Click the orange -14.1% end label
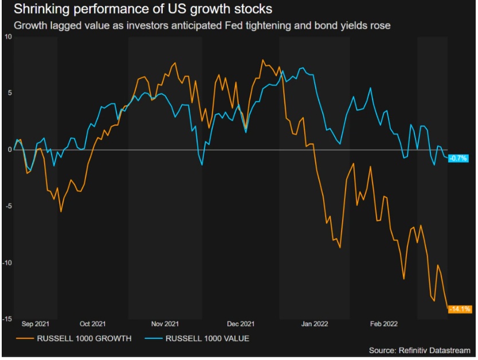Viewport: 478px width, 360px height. coord(459,309)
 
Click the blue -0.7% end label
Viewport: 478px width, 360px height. coord(459,158)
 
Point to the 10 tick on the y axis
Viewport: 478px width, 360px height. coord(7,37)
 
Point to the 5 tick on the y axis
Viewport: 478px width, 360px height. coord(9,93)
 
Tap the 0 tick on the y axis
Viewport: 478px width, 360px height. coord(9,150)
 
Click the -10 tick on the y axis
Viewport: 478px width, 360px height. coord(7,263)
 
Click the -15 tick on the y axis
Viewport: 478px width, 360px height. coord(7,319)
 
